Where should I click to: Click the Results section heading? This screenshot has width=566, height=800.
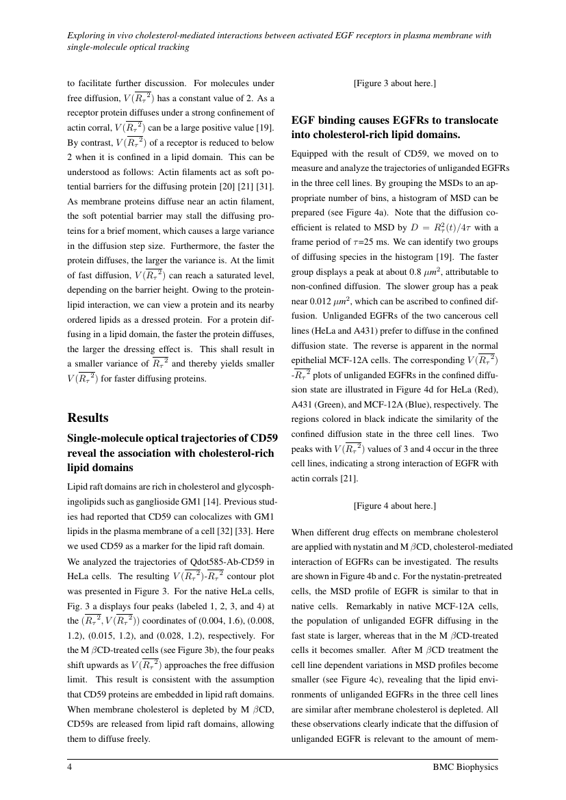(90, 417)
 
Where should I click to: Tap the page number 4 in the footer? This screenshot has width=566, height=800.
(70, 767)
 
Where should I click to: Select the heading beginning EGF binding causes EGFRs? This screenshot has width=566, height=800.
(394, 126)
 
